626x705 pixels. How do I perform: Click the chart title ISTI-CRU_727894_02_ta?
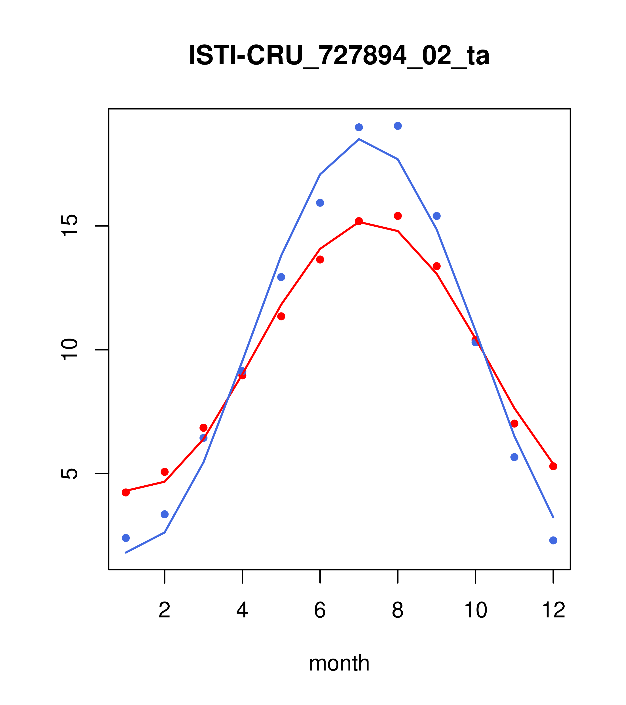coord(339,56)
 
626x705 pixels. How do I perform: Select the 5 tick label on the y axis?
coord(70,473)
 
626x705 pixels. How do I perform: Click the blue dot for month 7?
coord(359,127)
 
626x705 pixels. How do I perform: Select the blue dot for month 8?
coord(398,126)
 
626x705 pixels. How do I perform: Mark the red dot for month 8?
coord(398,216)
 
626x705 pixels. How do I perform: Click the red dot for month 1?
coord(126,492)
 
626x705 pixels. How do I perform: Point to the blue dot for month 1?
coord(126,538)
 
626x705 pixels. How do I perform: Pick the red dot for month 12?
coord(553,466)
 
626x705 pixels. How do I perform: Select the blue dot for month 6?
coord(320,203)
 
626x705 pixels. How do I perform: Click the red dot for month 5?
coord(281,316)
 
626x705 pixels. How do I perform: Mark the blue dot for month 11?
coord(514,457)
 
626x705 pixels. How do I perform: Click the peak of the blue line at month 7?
coord(359,139)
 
